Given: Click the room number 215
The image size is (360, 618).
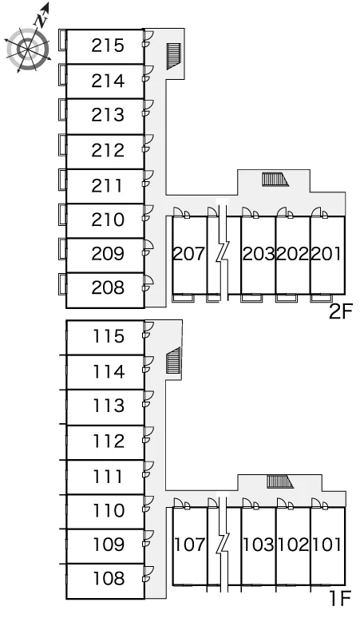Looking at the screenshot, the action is pyautogui.click(x=108, y=46).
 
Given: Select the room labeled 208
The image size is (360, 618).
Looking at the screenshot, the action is pyautogui.click(x=108, y=287).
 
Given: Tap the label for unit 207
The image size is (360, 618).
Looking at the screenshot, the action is pyautogui.click(x=189, y=254).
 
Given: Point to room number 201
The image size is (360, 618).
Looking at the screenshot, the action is pyautogui.click(x=326, y=254).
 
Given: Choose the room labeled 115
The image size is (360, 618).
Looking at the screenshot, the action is pyautogui.click(x=109, y=337).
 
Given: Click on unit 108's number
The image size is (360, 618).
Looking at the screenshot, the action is pyautogui.click(x=109, y=579).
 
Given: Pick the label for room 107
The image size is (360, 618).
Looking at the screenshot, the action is pyautogui.click(x=189, y=545).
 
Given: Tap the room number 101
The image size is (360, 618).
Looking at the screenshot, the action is pyautogui.click(x=327, y=545).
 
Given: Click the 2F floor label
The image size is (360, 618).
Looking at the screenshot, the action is pyautogui.click(x=340, y=312).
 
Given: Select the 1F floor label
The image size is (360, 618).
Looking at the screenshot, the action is pyautogui.click(x=340, y=599).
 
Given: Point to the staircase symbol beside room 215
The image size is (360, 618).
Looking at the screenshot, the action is pyautogui.click(x=173, y=56).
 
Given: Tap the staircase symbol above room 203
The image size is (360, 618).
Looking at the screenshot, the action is pyautogui.click(x=275, y=180).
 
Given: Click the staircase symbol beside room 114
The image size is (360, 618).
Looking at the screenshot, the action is pyautogui.click(x=173, y=360).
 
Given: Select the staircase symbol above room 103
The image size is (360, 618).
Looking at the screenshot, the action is pyautogui.click(x=280, y=482).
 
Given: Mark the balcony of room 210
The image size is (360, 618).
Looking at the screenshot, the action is pyautogui.click(x=62, y=215).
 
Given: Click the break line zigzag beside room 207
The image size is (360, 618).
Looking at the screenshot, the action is pyautogui.click(x=223, y=254).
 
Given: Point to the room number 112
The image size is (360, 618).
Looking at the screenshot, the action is pyautogui.click(x=109, y=442).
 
